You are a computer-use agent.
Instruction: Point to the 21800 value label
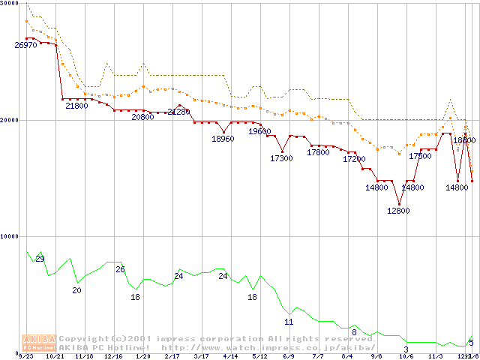pyautogui.click(x=76, y=106)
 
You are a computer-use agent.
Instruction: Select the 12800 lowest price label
pyautogui.click(x=398, y=211)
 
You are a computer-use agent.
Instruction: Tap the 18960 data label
pyautogui.click(x=223, y=139)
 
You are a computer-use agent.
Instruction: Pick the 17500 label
pyautogui.click(x=420, y=156)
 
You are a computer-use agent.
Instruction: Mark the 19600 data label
pyautogui.click(x=259, y=131)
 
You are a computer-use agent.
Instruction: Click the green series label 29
pyautogui.click(x=40, y=259)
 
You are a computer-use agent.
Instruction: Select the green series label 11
pyautogui.click(x=289, y=322)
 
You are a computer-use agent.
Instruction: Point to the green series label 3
pyautogui.click(x=406, y=349)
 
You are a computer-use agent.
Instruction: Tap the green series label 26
pyautogui.click(x=120, y=269)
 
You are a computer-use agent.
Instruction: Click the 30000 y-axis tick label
pyautogui.click(x=9, y=4)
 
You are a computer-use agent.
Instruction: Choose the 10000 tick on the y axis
pyautogui.click(x=9, y=236)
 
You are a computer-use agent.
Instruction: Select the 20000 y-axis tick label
pyautogui.click(x=9, y=120)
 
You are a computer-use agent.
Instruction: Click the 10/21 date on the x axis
pyautogui.click(x=54, y=357)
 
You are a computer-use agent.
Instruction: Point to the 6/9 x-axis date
pyautogui.click(x=289, y=357)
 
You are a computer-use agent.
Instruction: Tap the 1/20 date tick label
pyautogui.click(x=142, y=357)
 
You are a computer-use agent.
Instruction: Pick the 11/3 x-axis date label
pyautogui.click(x=435, y=357)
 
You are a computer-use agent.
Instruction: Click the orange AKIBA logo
pyautogui.click(x=40, y=343)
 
